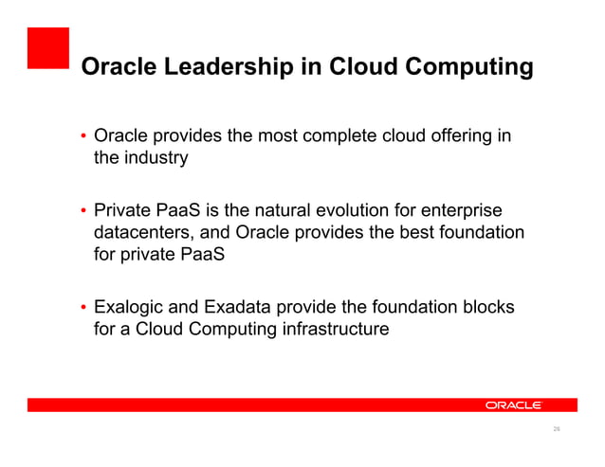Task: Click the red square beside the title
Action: click(x=47, y=48)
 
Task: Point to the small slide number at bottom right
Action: click(x=557, y=430)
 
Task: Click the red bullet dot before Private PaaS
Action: click(x=83, y=210)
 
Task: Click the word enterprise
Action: click(x=467, y=209)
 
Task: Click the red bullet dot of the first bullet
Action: click(x=83, y=137)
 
